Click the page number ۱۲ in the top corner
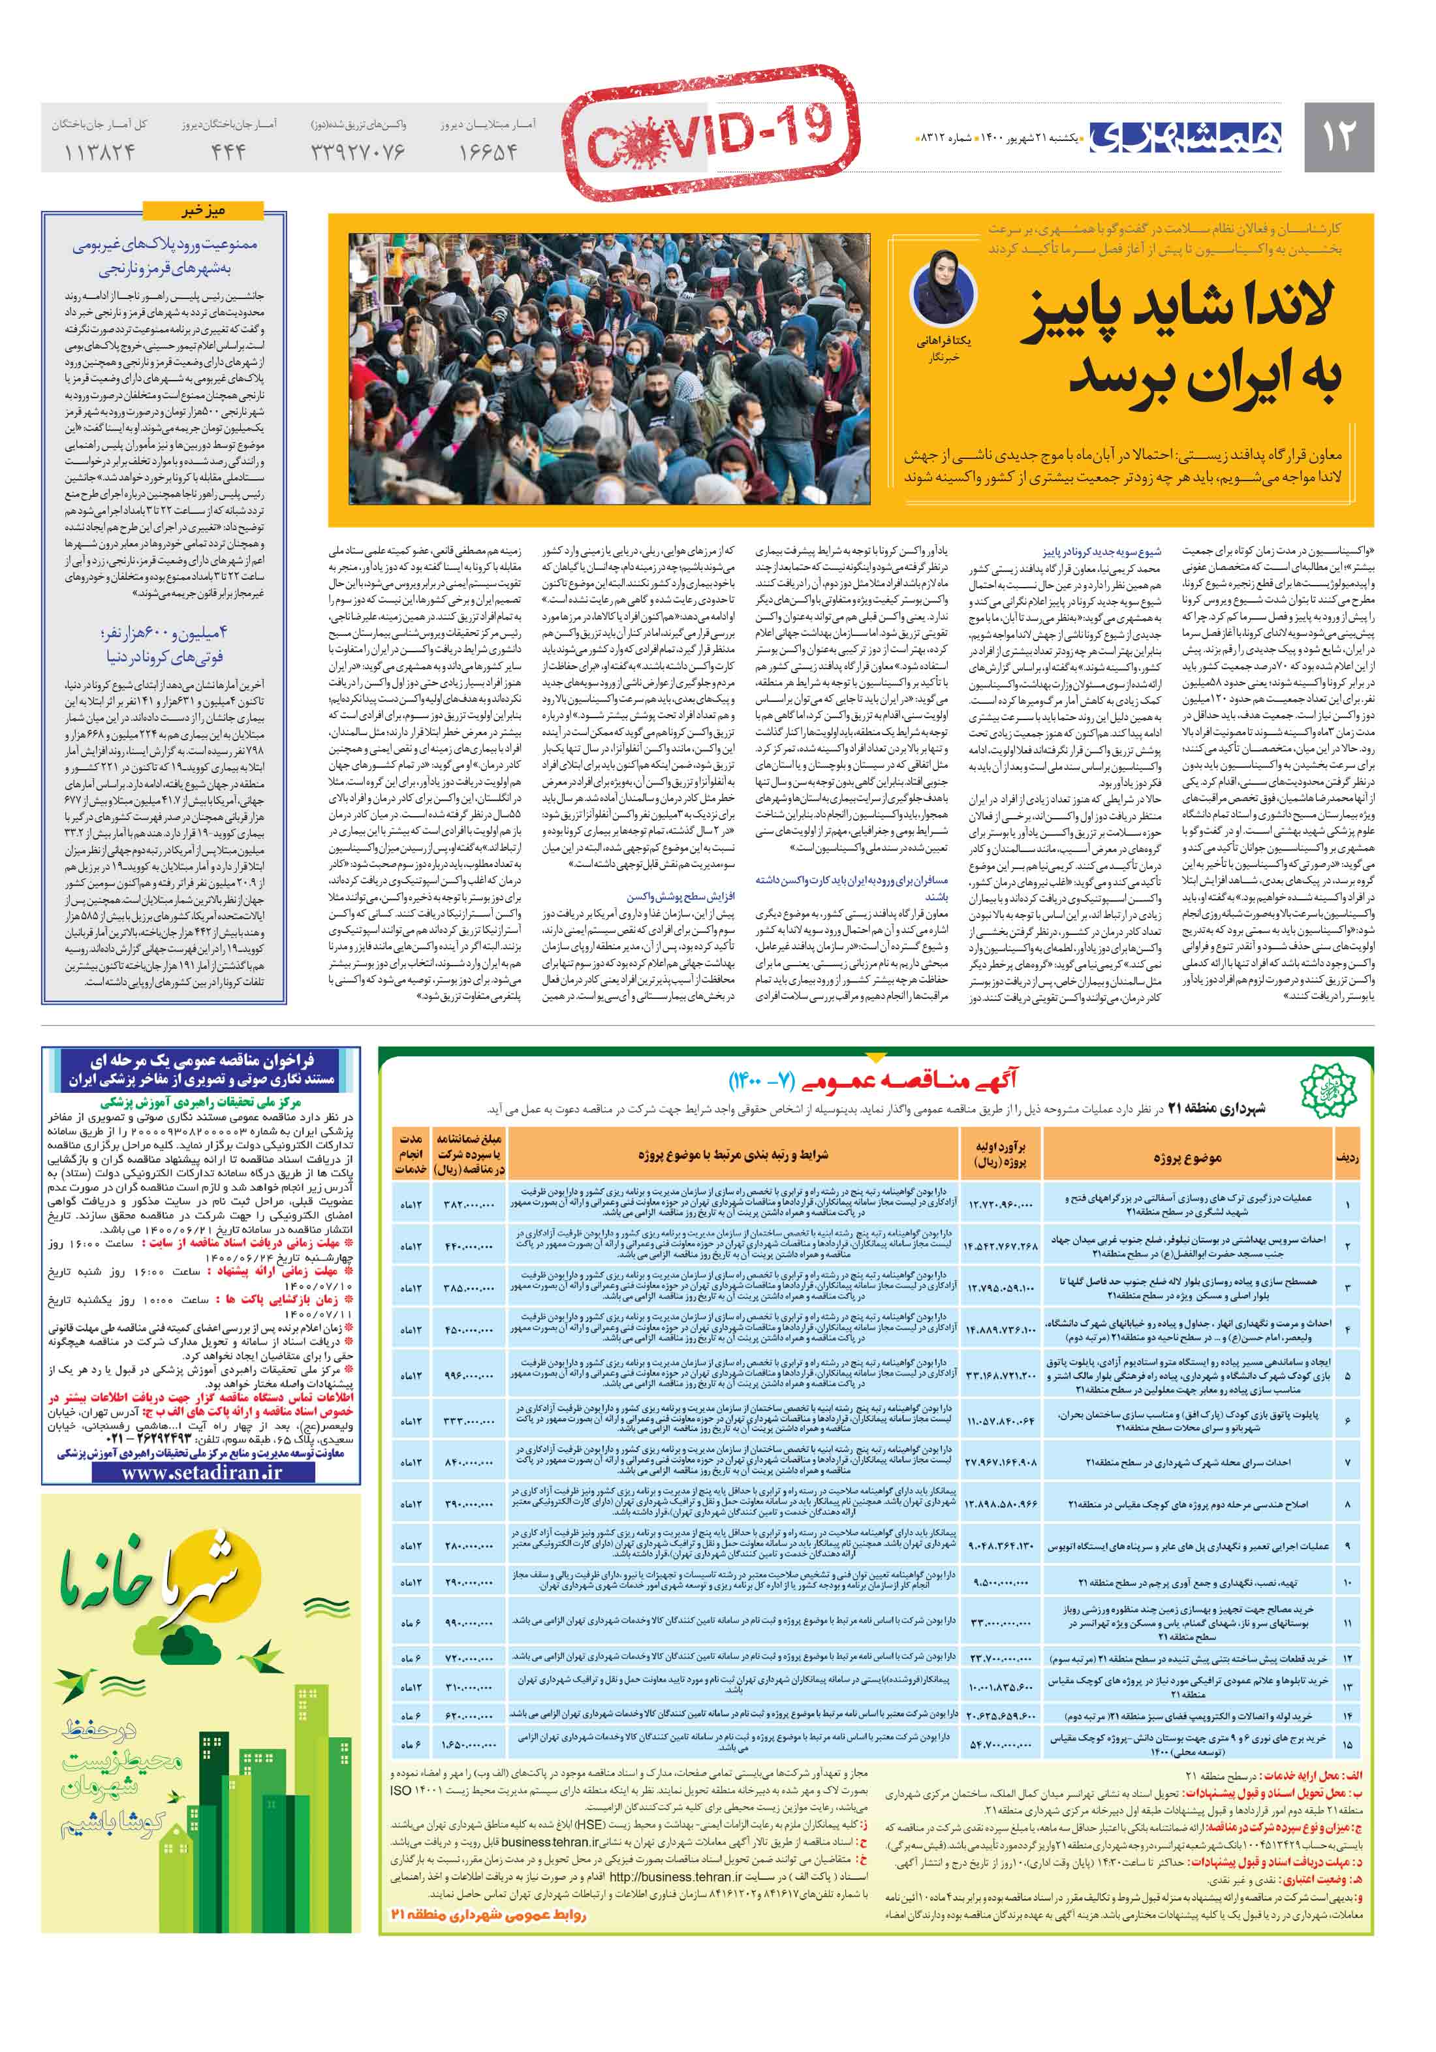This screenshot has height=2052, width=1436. (x=1337, y=136)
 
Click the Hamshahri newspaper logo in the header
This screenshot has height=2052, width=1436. (x=1185, y=136)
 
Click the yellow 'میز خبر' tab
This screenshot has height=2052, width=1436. (x=203, y=211)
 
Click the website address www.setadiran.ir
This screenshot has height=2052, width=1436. (x=201, y=1473)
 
